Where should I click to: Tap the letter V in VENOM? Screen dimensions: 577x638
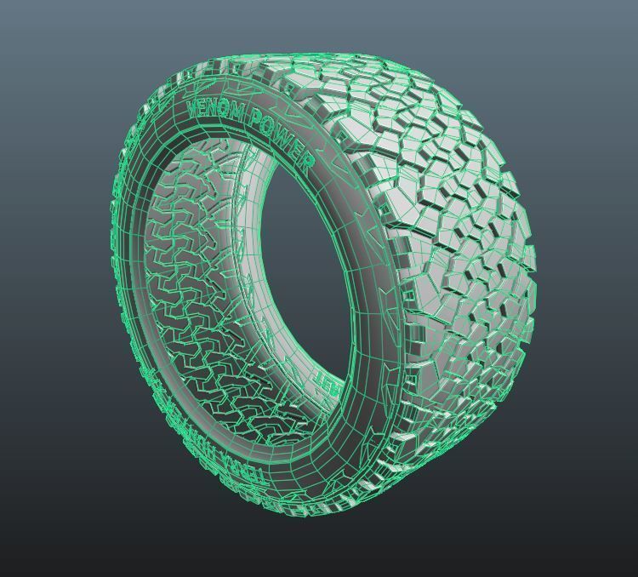tap(192, 107)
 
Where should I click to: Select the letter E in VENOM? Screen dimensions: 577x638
tap(203, 107)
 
